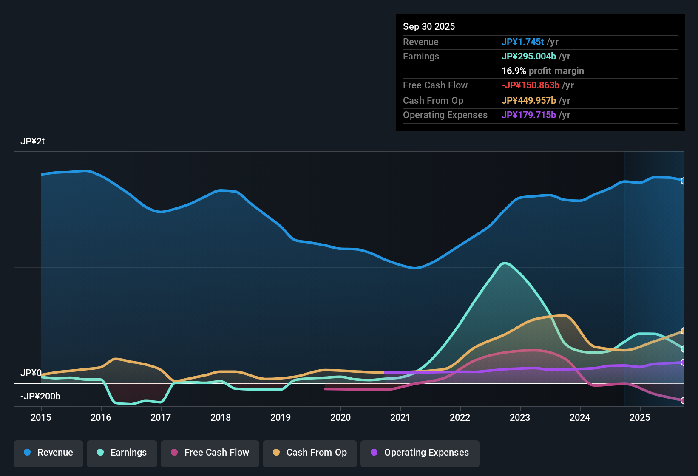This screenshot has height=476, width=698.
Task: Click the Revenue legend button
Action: click(x=48, y=453)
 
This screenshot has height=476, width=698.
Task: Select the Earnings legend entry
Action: click(x=122, y=453)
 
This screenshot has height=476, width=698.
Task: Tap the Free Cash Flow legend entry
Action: click(x=210, y=453)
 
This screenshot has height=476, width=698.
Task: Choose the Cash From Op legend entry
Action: click(x=310, y=453)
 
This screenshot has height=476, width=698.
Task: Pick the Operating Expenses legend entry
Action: click(x=420, y=453)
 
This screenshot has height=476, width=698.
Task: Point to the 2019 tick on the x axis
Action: click(x=281, y=417)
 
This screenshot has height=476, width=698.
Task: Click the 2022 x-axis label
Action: click(x=460, y=417)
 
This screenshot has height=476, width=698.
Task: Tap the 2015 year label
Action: click(x=41, y=417)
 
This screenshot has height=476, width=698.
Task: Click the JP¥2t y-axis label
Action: click(x=32, y=142)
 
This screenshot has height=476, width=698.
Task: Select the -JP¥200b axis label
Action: click(x=40, y=397)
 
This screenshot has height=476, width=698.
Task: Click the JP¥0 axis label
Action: click(x=31, y=373)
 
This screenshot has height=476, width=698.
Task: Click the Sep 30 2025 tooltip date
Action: click(x=428, y=27)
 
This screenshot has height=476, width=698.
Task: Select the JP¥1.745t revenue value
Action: click(x=522, y=42)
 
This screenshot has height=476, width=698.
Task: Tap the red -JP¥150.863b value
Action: click(x=530, y=85)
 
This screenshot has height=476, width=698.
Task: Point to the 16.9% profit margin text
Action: click(x=542, y=71)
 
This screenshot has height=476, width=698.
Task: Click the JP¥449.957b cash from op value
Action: click(x=528, y=101)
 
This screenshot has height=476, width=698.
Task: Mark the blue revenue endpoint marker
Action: click(x=683, y=181)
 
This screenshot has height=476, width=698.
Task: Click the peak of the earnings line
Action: click(x=505, y=263)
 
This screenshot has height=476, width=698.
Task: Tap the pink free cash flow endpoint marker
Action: click(x=683, y=400)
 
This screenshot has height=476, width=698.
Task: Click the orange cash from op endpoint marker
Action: click(x=683, y=331)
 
